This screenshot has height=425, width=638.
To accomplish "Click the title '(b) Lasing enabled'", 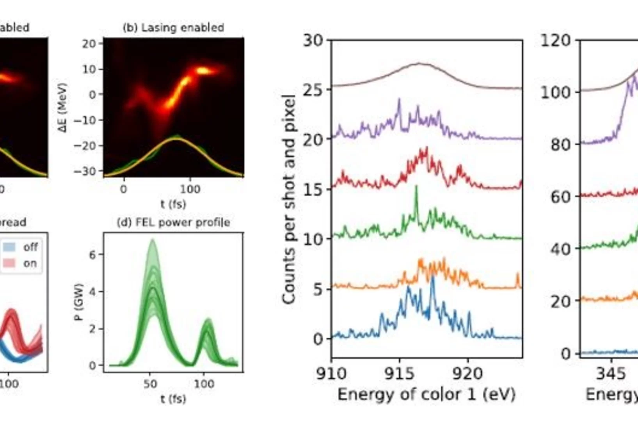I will click(173, 28).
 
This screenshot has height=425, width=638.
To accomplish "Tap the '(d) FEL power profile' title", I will click(173, 223).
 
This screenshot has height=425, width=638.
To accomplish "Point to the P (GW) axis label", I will click(79, 302).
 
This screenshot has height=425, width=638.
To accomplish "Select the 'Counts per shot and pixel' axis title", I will click(288, 199).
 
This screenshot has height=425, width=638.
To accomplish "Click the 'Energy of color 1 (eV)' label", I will click(426, 394).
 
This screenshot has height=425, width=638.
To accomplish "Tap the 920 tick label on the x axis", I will click(467, 374).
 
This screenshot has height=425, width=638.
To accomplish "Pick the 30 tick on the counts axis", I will click(313, 40).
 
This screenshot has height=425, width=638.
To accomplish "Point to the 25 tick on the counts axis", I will click(313, 90).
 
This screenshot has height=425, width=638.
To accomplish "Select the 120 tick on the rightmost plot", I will click(555, 40).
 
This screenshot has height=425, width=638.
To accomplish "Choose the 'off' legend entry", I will click(30, 247).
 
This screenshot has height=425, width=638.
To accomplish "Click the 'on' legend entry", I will click(30, 263).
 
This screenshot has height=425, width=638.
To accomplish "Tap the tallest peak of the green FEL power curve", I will click(152, 240).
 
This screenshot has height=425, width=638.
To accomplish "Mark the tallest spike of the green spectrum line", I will click(416, 186).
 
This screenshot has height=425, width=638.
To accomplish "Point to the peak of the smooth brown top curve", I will click(419, 64).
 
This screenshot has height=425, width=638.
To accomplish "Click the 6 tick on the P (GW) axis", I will click(92, 255).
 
